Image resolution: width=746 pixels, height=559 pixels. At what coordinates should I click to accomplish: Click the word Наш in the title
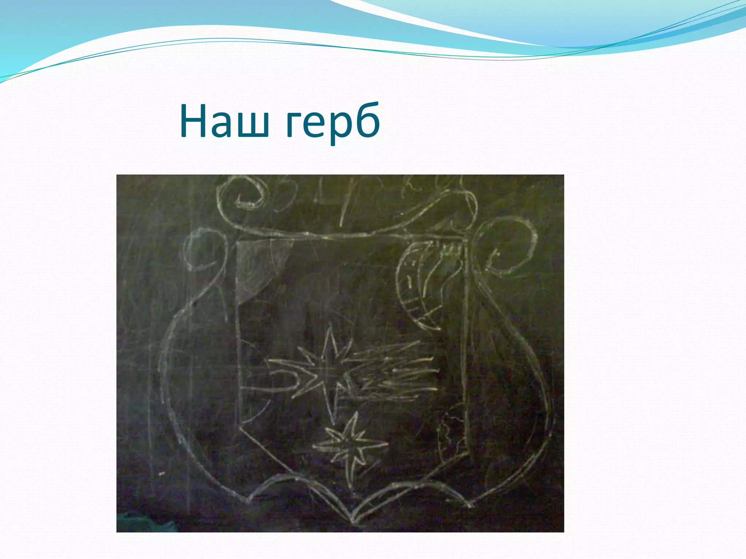(224, 121)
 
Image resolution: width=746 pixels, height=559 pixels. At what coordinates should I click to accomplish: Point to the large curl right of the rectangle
(506, 247)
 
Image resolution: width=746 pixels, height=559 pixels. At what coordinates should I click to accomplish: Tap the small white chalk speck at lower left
(161, 474)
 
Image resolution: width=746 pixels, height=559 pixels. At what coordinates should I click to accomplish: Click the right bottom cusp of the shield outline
(470, 504)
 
